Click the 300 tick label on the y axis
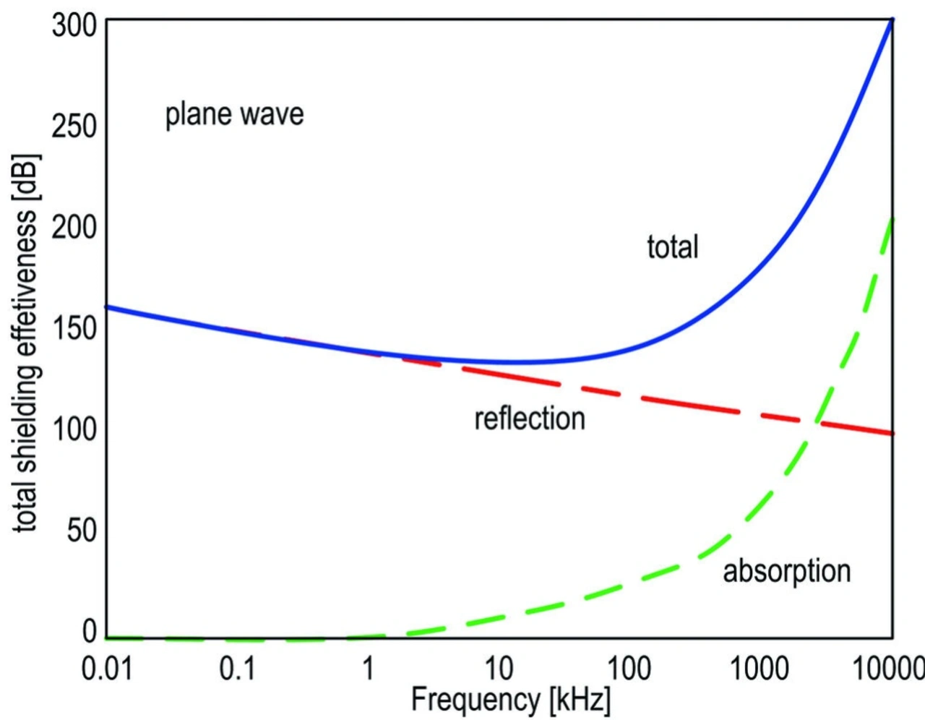[74, 25]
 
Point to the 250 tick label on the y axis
[74, 126]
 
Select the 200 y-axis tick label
[74, 227]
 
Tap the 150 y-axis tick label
[74, 328]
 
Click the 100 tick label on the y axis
[74, 429]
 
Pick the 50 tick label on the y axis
[82, 531]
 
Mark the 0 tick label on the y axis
[90, 631]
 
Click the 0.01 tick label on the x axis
[107, 669]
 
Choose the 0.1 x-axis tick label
[238, 669]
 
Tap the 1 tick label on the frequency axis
[368, 669]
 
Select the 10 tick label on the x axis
[499, 669]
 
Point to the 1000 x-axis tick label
[759, 669]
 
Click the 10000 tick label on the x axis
[888, 669]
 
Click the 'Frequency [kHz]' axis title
[510, 700]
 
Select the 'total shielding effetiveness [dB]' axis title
[26, 343]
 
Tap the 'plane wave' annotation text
[234, 114]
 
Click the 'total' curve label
[672, 247]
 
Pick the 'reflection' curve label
[529, 419]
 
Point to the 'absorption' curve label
[786, 571]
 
